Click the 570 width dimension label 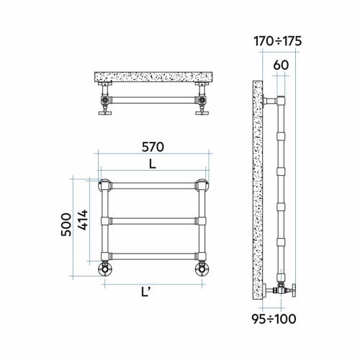coord(153,147)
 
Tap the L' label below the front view coord(146,292)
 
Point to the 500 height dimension coord(66,225)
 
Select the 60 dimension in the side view coord(281,65)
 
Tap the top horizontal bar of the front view coord(153,184)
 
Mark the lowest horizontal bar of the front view coord(153,255)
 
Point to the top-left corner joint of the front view coord(106,184)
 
